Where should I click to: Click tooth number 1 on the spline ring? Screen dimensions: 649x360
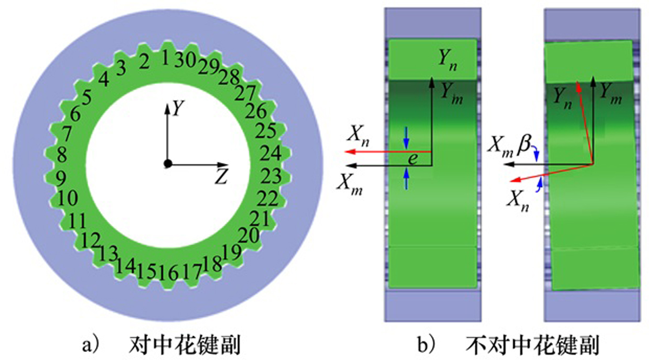165,58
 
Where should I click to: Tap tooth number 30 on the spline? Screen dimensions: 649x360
185,60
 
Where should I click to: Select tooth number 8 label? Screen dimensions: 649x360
62,155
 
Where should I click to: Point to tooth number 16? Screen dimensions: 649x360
168,273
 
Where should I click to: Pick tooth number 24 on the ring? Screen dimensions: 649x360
270,153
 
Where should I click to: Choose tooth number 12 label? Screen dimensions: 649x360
90,241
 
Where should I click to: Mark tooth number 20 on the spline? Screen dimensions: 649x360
249,235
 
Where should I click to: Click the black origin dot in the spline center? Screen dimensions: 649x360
168,164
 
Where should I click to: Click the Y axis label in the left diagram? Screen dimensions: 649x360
178,108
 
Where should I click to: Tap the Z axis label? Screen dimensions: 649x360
222,177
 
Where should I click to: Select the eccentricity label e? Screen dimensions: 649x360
413,159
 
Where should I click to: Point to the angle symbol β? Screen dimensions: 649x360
525,144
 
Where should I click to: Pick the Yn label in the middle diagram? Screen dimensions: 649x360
448,60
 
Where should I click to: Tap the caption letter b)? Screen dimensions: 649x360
427,344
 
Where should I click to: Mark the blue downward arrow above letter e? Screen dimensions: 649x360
406,138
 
